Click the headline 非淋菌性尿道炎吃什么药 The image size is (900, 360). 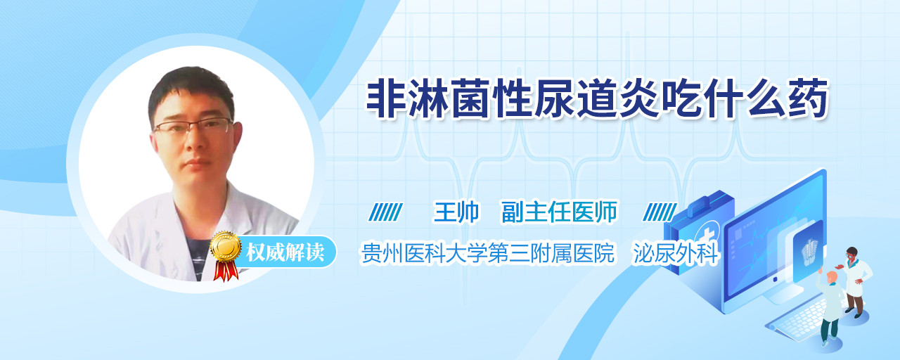(598, 99)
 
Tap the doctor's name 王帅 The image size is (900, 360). (456, 212)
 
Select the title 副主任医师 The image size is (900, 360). (559, 212)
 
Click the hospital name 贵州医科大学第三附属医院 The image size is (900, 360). (488, 253)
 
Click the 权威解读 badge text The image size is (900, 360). (285, 252)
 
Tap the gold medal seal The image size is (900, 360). (226, 245)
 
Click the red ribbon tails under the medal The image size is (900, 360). (226, 271)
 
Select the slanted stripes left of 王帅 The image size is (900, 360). (386, 212)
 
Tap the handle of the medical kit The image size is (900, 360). (707, 202)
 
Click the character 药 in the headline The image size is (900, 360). (809, 99)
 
